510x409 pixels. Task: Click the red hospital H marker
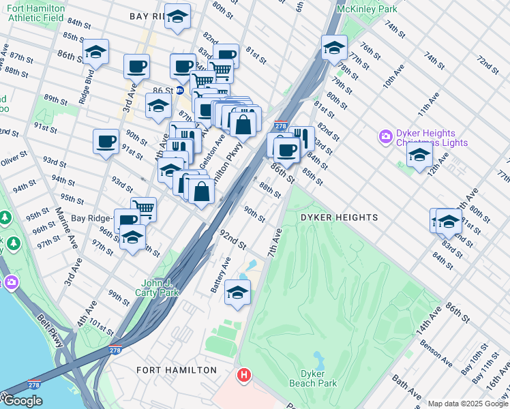tap(244, 375)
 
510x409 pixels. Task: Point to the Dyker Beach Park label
tap(318, 378)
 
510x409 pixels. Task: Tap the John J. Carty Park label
tap(160, 288)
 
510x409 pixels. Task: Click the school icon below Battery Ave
tap(237, 292)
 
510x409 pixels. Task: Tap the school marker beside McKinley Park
tap(334, 48)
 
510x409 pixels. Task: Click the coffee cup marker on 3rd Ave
tap(136, 66)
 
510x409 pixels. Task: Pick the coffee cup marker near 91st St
tap(106, 141)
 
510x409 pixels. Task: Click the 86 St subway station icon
tap(180, 89)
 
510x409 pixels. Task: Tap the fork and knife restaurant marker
tap(301, 138)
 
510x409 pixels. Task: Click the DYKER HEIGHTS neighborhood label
tap(339, 217)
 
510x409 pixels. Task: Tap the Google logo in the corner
tap(22, 400)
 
